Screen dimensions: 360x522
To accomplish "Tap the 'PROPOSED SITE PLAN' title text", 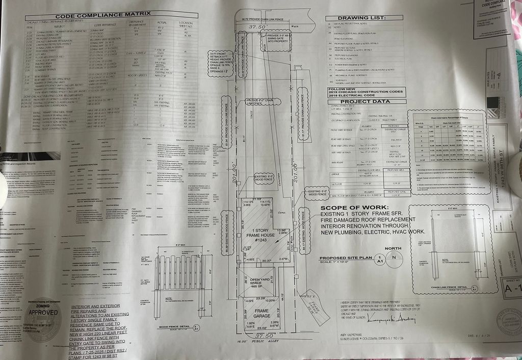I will (346, 258).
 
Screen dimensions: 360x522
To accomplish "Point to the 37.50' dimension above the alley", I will (261, 337).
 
